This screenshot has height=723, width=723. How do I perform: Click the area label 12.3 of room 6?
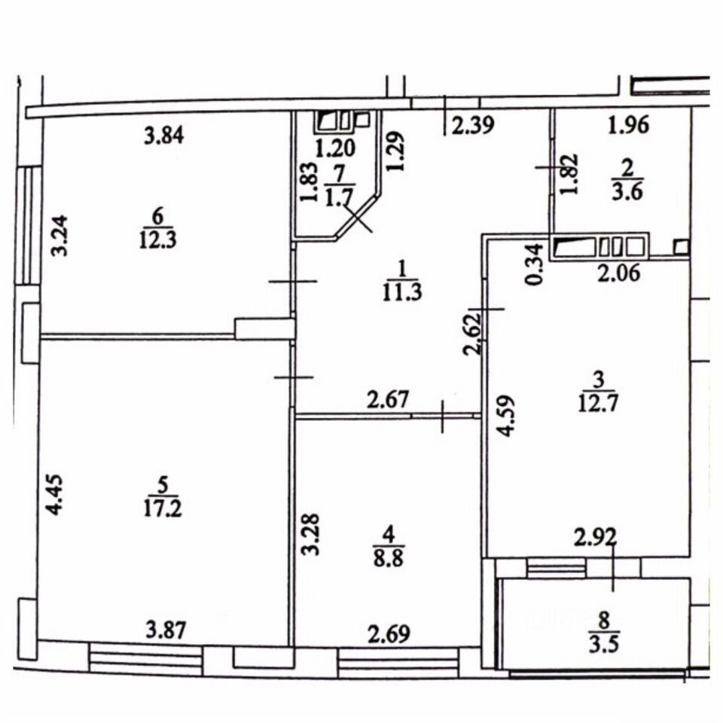click(x=157, y=241)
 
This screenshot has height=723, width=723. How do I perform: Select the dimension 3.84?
click(x=164, y=136)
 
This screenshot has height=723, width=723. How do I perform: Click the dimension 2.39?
click(x=474, y=125)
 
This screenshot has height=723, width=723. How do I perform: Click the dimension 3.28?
click(x=311, y=534)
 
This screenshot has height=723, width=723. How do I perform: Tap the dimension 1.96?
click(x=628, y=125)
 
